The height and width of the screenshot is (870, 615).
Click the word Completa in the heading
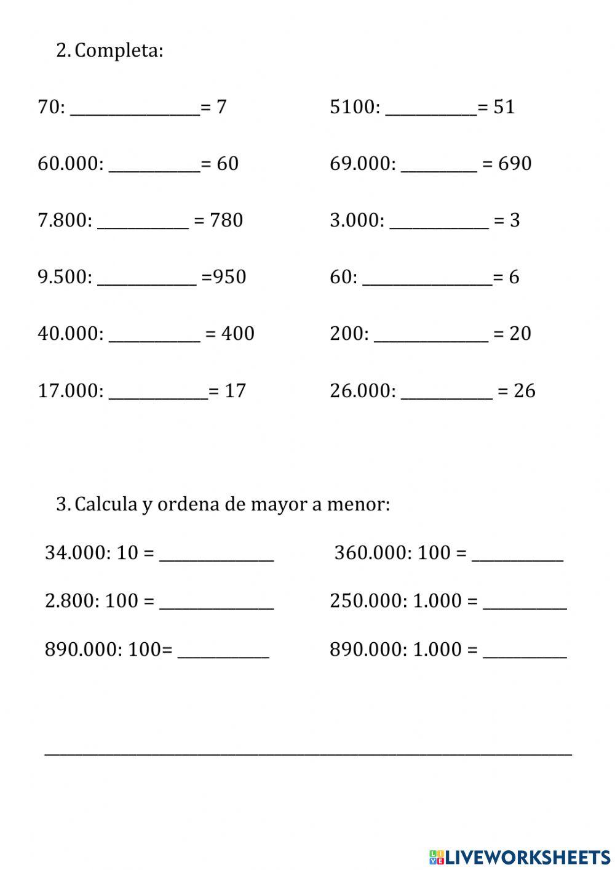point(118,50)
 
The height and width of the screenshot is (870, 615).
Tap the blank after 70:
point(135,108)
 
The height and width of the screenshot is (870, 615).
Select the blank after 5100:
point(430,108)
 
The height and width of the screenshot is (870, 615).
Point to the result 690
point(515,164)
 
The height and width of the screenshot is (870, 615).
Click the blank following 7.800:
point(143,222)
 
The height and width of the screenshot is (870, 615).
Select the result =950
point(224,277)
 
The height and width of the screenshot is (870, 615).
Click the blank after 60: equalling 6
point(427,278)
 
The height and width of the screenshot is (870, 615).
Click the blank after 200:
point(430,335)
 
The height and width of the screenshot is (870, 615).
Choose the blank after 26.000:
point(446,392)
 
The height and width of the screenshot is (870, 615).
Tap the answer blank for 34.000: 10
point(216,554)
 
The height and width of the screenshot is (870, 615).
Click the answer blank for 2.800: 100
point(216,602)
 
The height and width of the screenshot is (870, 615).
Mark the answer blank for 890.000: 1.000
point(525,651)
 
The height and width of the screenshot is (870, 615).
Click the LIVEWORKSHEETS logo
point(520,856)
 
